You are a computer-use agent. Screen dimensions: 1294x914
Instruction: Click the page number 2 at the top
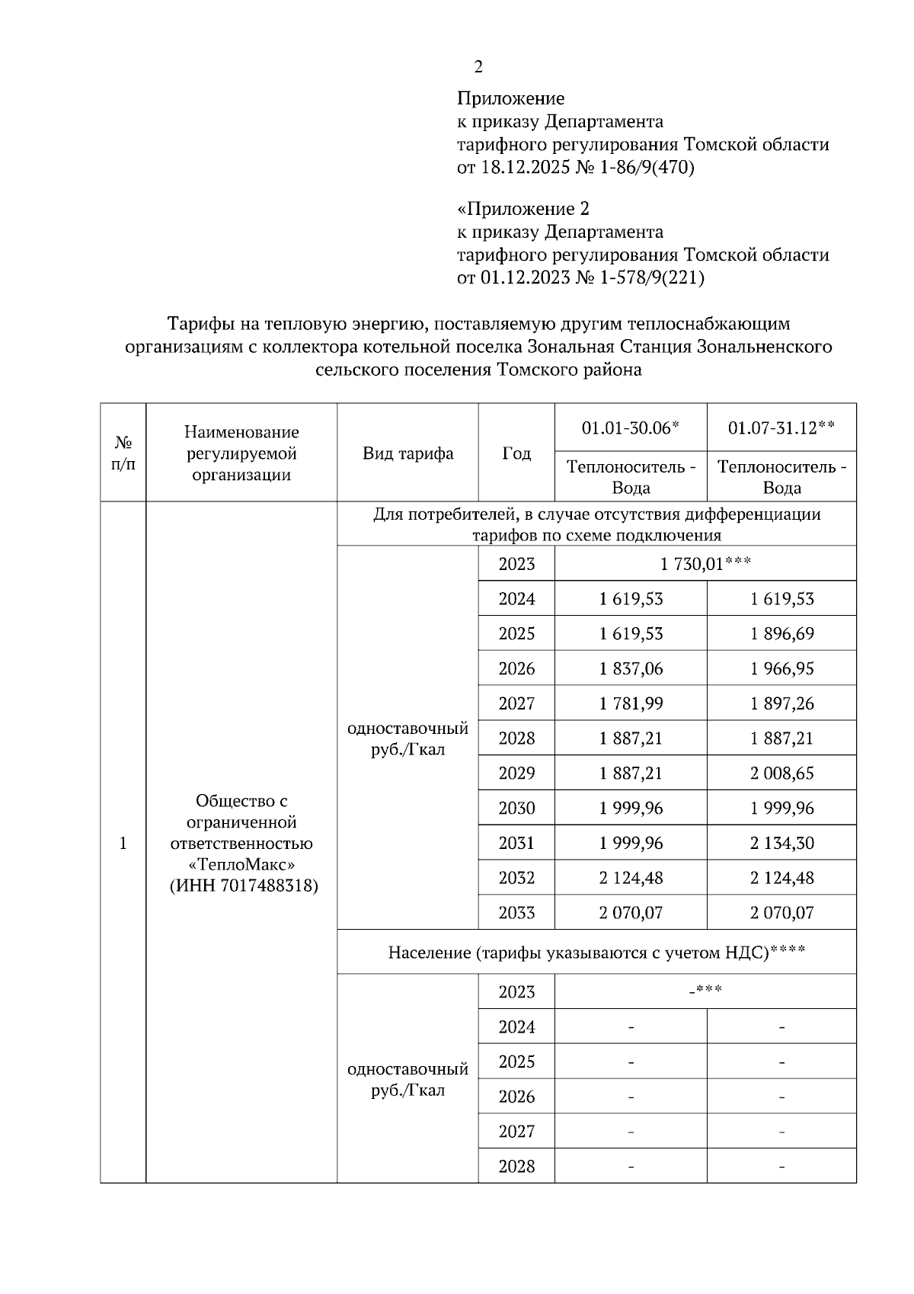point(478,67)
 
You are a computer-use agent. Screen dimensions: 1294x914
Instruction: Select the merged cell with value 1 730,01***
point(705,564)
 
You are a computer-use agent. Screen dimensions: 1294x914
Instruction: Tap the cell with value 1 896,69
point(781,634)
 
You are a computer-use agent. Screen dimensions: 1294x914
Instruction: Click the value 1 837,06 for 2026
point(631,669)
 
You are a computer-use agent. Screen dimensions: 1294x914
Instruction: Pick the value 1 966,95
point(781,669)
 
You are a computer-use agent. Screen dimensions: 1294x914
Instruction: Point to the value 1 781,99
point(631,703)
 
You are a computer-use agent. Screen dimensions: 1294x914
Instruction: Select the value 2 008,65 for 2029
point(781,774)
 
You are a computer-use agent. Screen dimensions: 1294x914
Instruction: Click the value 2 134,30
point(781,844)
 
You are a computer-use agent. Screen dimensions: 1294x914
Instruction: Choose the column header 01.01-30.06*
point(630,428)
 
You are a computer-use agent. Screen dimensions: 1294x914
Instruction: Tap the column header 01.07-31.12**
point(781,428)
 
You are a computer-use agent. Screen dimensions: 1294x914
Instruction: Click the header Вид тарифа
point(407,453)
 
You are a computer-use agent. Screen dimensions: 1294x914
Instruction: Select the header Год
point(516,453)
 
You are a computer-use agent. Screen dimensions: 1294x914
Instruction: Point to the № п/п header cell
point(123,453)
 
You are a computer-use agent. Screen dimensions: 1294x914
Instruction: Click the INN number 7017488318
point(269,886)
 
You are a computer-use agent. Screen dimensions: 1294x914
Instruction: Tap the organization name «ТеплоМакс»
point(241,865)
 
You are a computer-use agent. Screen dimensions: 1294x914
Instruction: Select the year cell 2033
point(516,913)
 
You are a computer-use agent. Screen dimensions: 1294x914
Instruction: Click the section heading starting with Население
point(596,953)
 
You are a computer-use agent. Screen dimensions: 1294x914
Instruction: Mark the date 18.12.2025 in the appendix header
point(525,167)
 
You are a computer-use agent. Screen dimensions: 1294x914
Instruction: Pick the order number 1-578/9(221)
point(652,277)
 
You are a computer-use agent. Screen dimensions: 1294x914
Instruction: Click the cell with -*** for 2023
point(705,991)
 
